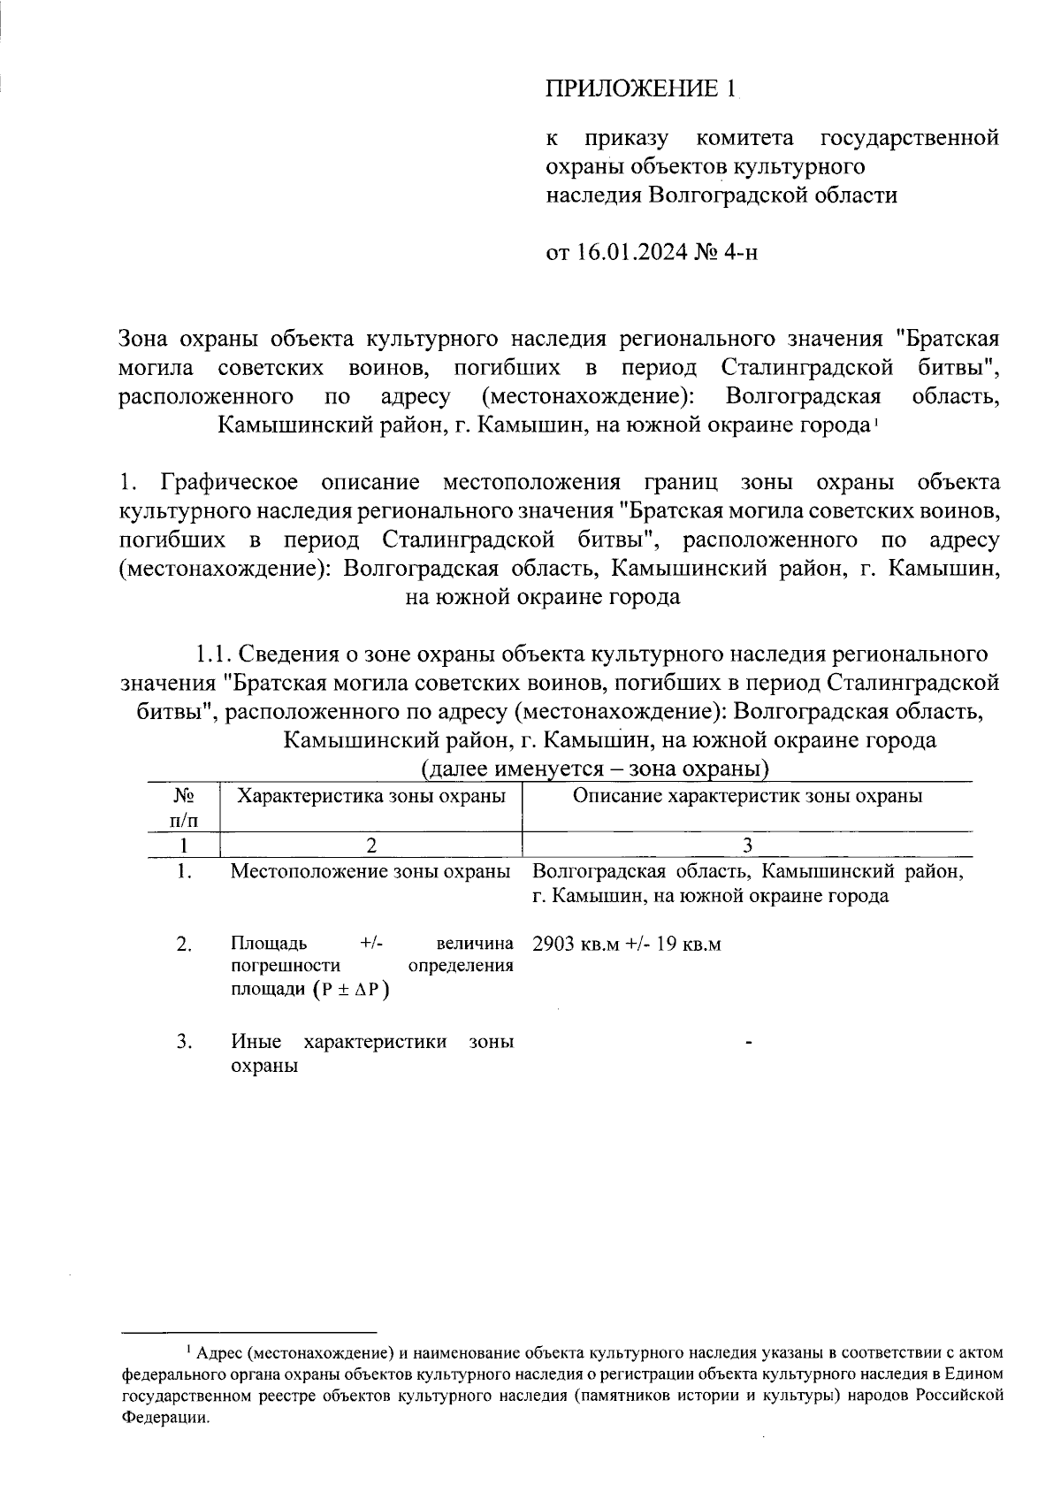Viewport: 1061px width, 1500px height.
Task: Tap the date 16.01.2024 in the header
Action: pyautogui.click(x=634, y=253)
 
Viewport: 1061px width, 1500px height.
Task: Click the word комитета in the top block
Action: pyautogui.click(x=745, y=138)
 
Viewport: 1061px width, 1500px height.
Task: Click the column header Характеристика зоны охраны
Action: pyautogui.click(x=372, y=796)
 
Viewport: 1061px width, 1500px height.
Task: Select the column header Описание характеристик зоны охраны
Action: pyautogui.click(x=748, y=796)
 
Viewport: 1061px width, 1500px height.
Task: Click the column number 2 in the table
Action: pyautogui.click(x=372, y=845)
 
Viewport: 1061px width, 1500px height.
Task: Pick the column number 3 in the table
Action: pyautogui.click(x=748, y=845)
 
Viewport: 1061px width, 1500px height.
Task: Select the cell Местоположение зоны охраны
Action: pyautogui.click(x=370, y=871)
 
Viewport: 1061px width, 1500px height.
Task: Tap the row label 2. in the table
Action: pyautogui.click(x=184, y=945)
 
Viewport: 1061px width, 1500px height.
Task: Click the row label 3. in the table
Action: pyautogui.click(x=184, y=1041)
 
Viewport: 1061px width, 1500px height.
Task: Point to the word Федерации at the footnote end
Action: pyautogui.click(x=165, y=1417)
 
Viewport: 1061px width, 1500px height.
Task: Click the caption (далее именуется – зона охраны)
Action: pyautogui.click(x=595, y=768)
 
